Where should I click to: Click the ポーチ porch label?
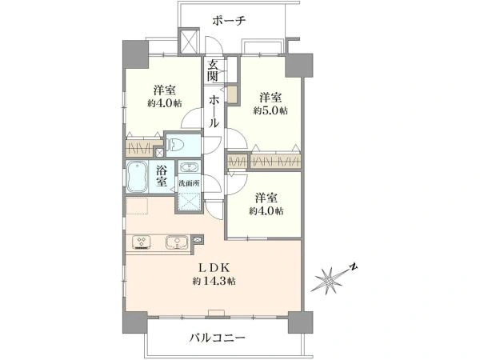pyautogui.click(x=230, y=21)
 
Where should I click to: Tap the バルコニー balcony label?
pyautogui.click(x=218, y=338)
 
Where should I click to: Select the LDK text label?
pyautogui.click(x=214, y=268)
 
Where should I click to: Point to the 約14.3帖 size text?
pyautogui.click(x=214, y=281)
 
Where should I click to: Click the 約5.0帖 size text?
pyautogui.click(x=270, y=110)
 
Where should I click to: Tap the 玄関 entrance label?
pyautogui.click(x=213, y=70)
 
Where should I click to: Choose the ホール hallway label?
pyautogui.click(x=214, y=111)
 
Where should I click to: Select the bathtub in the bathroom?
pyautogui.click(x=137, y=177)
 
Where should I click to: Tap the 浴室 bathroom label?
pyautogui.click(x=162, y=176)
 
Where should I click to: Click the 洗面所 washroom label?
pyautogui.click(x=189, y=184)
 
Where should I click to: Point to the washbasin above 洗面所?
pyautogui.click(x=190, y=168)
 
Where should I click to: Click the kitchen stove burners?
pyautogui.click(x=141, y=242)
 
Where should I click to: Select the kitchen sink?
pyautogui.click(x=177, y=242)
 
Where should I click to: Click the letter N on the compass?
pyautogui.click(x=354, y=266)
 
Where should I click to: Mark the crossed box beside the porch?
pyautogui.click(x=189, y=41)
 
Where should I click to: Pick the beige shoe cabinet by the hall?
pyautogui.click(x=232, y=94)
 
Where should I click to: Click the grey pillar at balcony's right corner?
pyautogui.click(x=301, y=322)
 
